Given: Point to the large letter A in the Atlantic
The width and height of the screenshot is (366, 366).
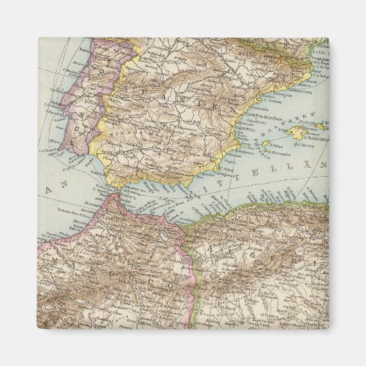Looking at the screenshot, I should pos(48,189).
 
